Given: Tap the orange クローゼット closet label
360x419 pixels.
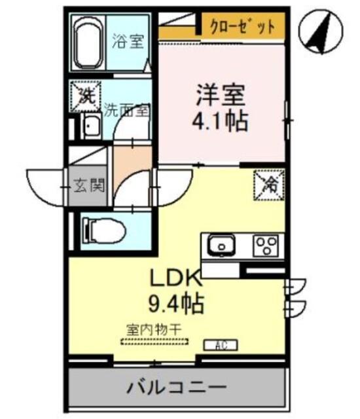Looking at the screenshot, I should tap(242, 27).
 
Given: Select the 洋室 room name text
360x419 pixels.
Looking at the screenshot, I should tap(219, 96).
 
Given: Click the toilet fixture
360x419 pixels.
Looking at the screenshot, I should tap(99, 229).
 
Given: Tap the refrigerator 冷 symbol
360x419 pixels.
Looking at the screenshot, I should tap(269, 184).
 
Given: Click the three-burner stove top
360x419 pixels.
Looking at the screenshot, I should tap(266, 247).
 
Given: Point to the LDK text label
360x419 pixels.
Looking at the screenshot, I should tap(177, 279).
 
